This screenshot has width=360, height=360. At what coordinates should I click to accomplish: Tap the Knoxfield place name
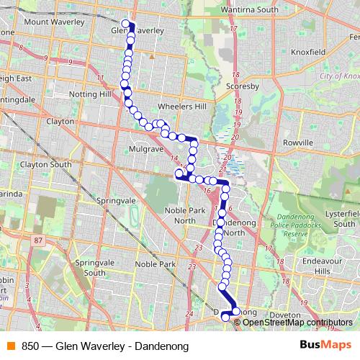coord(308,53)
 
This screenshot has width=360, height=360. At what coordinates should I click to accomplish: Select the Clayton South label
coord(46,164)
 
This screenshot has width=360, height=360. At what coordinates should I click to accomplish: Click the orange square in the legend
coord(9,346)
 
